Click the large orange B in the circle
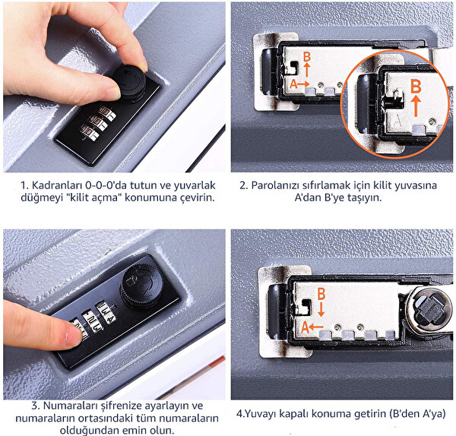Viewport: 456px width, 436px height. pos(415,86)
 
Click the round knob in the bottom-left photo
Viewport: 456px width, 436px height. pos(141,286)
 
